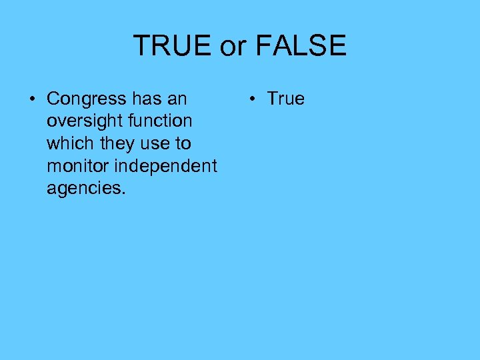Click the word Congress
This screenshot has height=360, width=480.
87,99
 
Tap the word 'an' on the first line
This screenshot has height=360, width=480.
177,99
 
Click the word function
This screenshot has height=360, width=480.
159,121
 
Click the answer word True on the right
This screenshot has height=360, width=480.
285,99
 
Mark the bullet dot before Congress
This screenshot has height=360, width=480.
31,100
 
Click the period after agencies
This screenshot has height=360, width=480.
123,193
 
